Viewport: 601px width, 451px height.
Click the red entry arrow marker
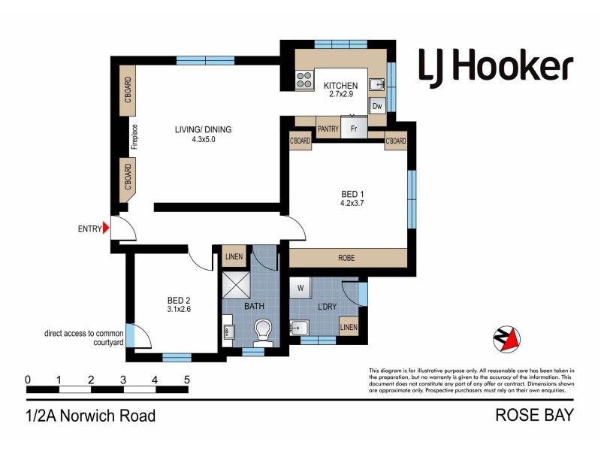pyautogui.click(x=107, y=227)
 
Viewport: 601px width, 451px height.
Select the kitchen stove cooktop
pyautogui.click(x=304, y=79)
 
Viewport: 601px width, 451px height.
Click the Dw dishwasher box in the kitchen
pyautogui.click(x=377, y=106)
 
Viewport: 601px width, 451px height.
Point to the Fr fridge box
pyautogui.click(x=354, y=129)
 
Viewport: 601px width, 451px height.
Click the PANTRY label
pyautogui.click(x=328, y=129)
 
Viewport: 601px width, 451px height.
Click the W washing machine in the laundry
pyautogui.click(x=300, y=287)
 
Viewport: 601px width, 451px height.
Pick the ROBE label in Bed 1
pyautogui.click(x=346, y=258)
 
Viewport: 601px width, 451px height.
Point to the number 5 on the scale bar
pyautogui.click(x=186, y=379)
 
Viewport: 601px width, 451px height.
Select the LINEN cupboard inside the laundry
pyautogui.click(x=349, y=327)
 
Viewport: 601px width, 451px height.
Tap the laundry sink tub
pyautogui.click(x=300, y=327)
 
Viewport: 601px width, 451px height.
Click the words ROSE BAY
pyautogui.click(x=534, y=414)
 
